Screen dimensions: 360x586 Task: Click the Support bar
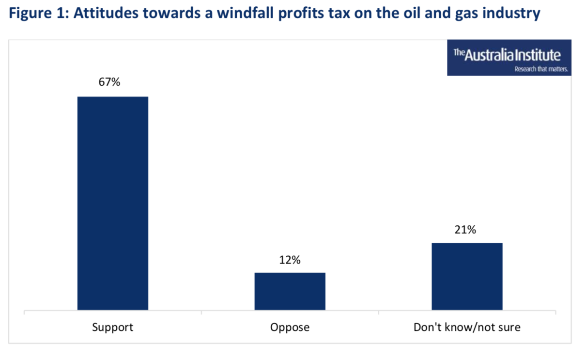point(112,203)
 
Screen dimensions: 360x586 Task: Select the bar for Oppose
point(290,291)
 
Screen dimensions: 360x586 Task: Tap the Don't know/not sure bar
point(467,276)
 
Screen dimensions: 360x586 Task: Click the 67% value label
point(109,82)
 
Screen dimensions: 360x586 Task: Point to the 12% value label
point(290,260)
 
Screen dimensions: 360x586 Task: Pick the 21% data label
point(465,230)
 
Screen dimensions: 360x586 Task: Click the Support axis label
point(112,328)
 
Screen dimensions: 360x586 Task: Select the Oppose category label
point(290,328)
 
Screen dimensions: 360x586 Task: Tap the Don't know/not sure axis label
point(467,328)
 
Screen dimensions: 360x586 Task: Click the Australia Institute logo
point(509,58)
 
